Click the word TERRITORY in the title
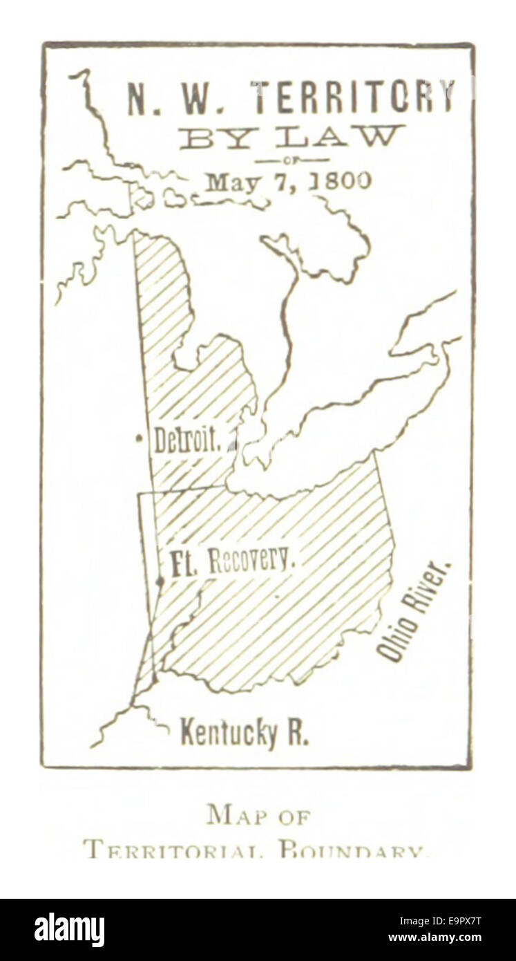click(x=354, y=97)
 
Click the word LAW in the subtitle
click(x=338, y=137)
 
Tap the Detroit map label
click(x=187, y=440)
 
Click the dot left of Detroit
click(x=139, y=437)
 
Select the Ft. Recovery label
click(x=230, y=560)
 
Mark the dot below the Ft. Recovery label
click(x=160, y=582)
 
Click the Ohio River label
click(x=414, y=611)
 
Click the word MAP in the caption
click(x=236, y=816)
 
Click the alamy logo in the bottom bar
click(x=70, y=930)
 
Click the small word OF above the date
click(x=292, y=160)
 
